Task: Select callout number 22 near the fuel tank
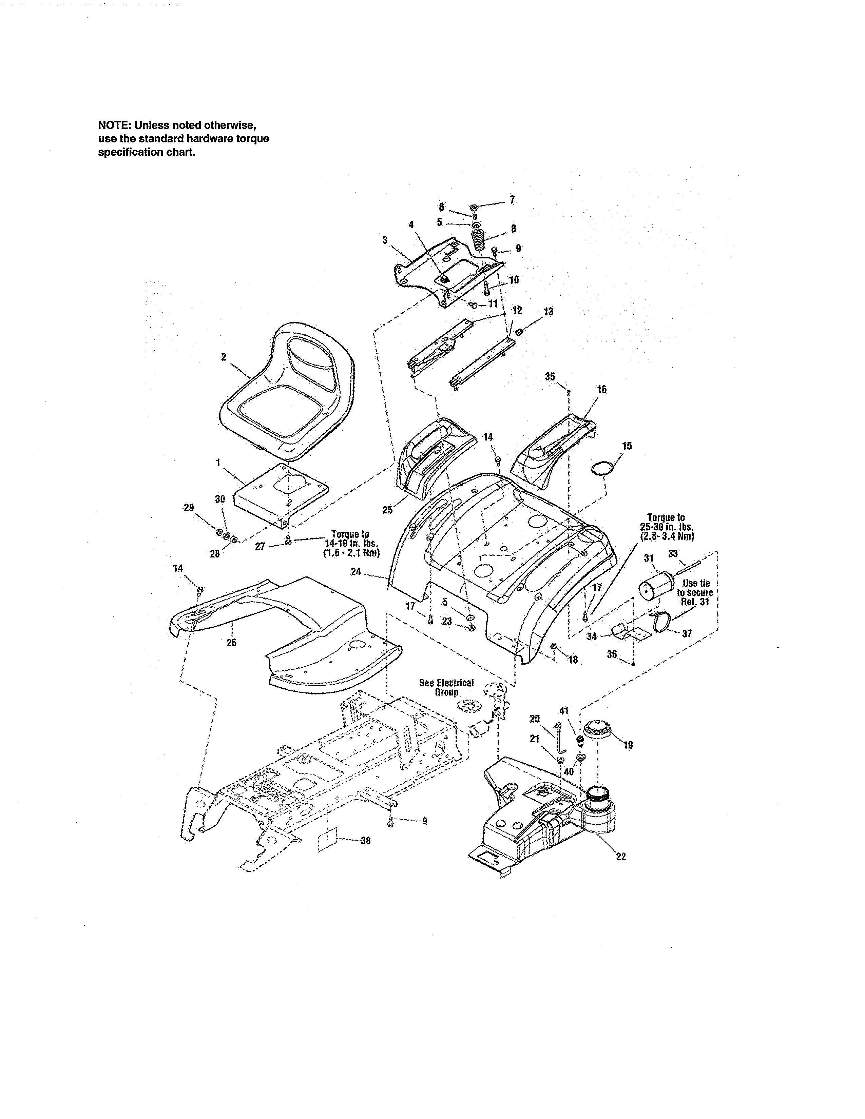pyautogui.click(x=621, y=856)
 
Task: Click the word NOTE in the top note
pyautogui.click(x=114, y=125)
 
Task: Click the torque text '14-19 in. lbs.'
pyautogui.click(x=351, y=543)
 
